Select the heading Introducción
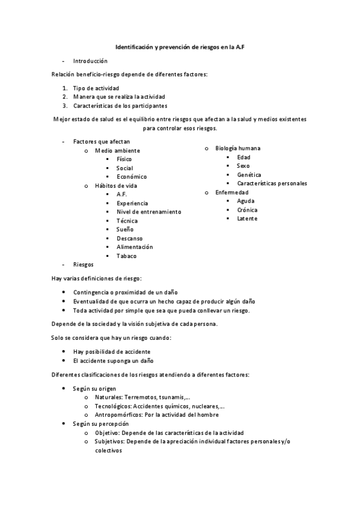click(90, 61)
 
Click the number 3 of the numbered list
click(64, 105)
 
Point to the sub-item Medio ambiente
click(118, 150)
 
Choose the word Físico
click(124, 159)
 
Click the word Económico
click(132, 177)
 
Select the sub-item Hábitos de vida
click(116, 186)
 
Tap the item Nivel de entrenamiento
click(148, 212)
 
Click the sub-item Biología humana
click(238, 148)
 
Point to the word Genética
click(249, 174)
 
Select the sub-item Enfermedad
click(232, 192)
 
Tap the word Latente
click(247, 218)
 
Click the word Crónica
click(247, 210)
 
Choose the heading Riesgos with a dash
click(83, 264)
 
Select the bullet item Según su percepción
click(100, 424)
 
